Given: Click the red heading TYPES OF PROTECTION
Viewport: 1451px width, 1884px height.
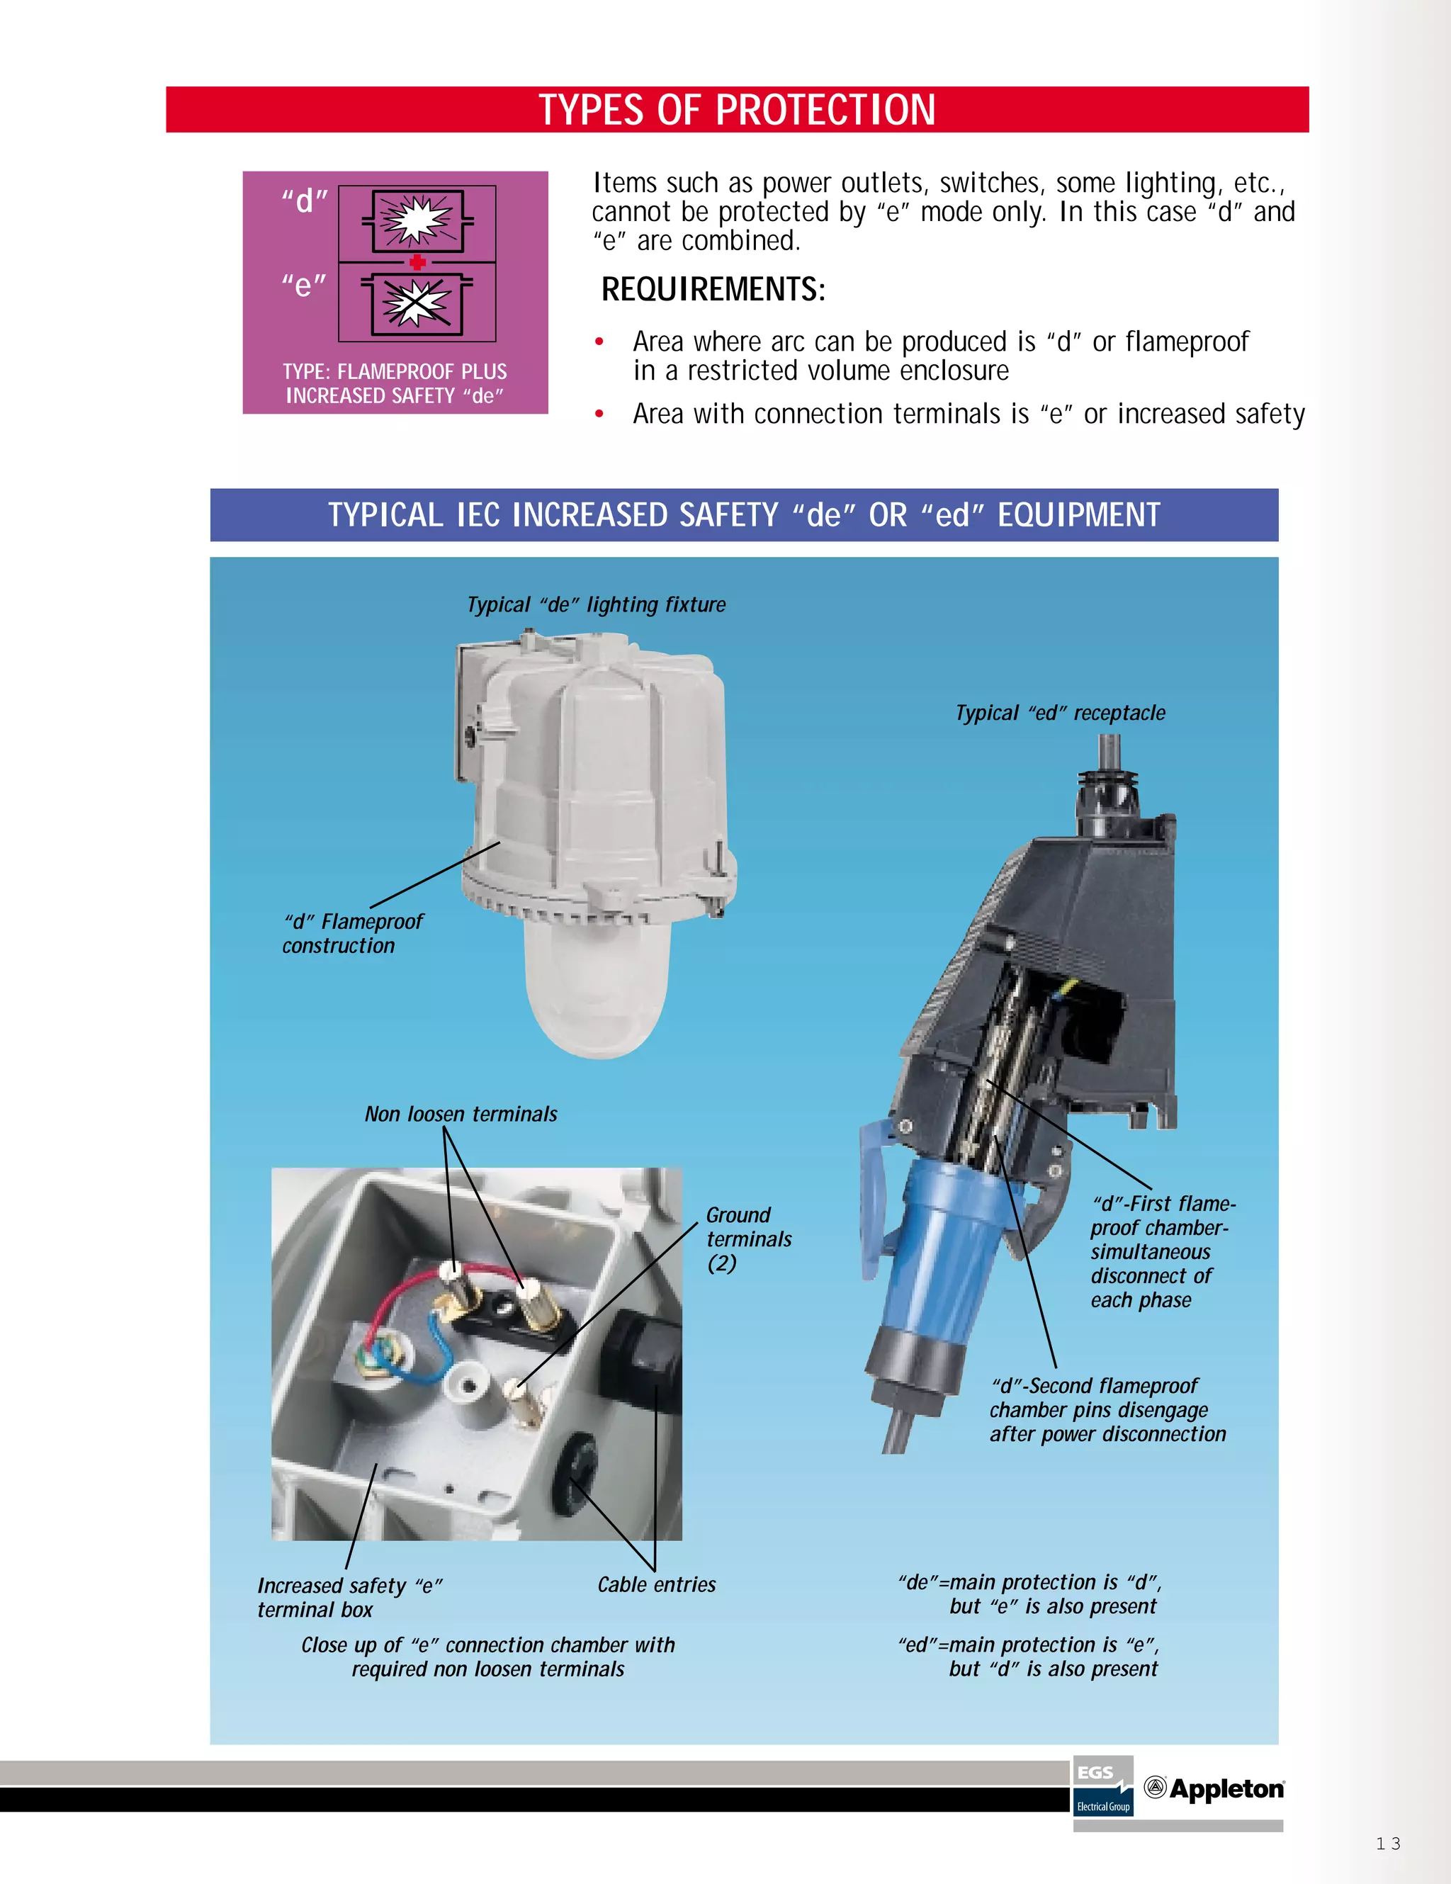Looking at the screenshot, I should (737, 111).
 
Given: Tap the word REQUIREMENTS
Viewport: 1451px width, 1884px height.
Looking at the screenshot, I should (713, 290).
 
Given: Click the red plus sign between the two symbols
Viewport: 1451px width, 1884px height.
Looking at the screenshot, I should (417, 262).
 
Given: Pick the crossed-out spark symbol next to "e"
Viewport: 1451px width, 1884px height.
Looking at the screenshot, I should (417, 305).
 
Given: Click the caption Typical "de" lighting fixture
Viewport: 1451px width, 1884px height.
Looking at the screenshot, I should (596, 604).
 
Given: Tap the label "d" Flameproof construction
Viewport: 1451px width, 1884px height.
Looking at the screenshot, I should (352, 933).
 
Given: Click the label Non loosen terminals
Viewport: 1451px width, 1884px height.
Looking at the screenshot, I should (461, 1114).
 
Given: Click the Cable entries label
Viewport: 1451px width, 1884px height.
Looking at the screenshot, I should (657, 1585).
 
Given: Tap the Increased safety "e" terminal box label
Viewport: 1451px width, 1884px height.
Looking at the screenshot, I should (349, 1598).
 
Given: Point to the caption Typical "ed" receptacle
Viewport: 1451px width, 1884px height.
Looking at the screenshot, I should (1059, 713).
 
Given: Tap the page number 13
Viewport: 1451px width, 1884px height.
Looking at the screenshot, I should (1388, 1844).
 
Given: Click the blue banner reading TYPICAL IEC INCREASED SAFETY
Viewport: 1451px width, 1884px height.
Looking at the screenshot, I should (744, 515).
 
